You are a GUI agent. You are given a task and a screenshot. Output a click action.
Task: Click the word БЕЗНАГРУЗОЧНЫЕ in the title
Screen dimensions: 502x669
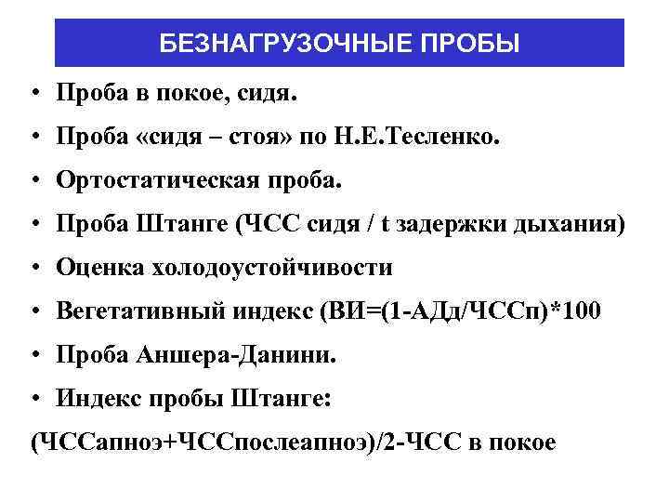coord(277,45)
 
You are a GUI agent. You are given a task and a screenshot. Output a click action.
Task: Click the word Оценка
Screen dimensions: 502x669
coord(98,269)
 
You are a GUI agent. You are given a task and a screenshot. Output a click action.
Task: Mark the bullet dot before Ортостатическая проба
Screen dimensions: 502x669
coord(33,181)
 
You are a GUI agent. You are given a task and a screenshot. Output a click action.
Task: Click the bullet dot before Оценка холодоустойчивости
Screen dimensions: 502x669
coord(33,269)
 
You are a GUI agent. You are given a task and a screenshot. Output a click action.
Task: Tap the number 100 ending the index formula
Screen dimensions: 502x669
coord(583,312)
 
